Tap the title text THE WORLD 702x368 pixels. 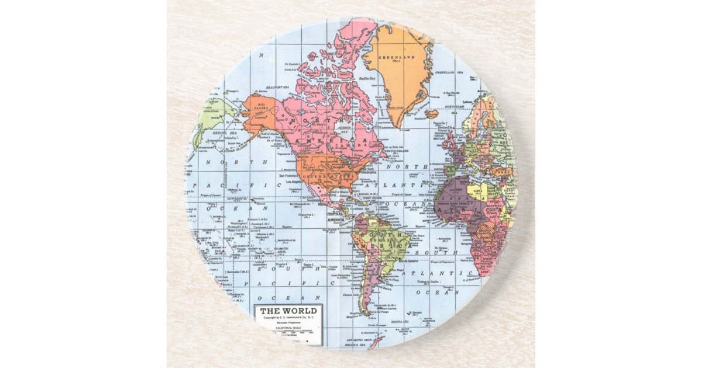288,311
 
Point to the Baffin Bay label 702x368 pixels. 367,77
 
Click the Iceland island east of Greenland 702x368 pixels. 432,114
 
